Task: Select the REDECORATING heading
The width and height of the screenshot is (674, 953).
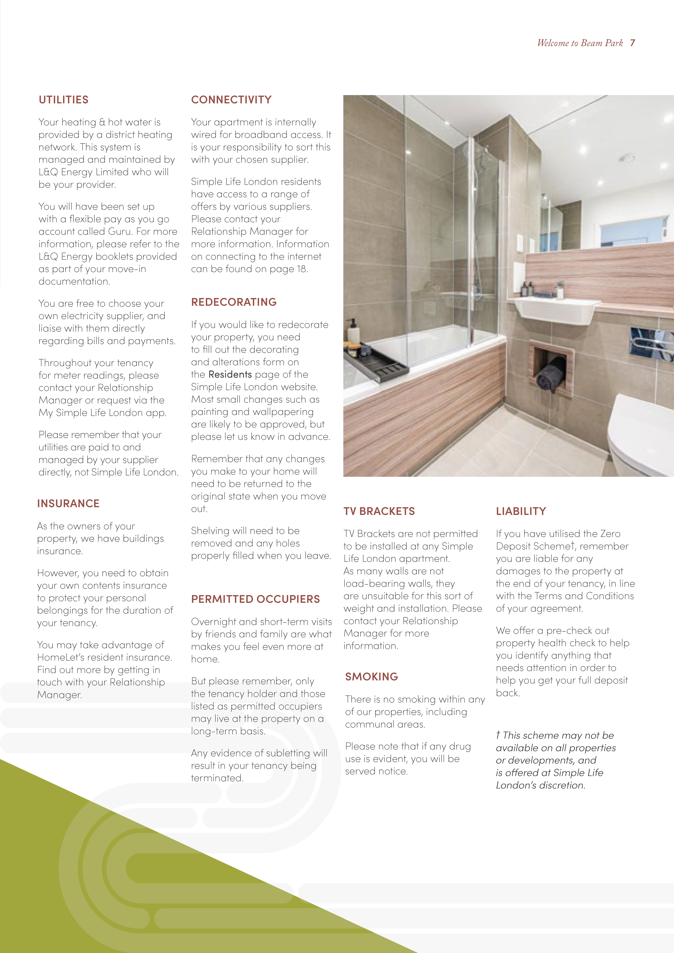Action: point(234,302)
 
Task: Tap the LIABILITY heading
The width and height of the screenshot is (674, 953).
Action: point(521,511)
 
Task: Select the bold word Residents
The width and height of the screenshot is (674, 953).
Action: point(230,374)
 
